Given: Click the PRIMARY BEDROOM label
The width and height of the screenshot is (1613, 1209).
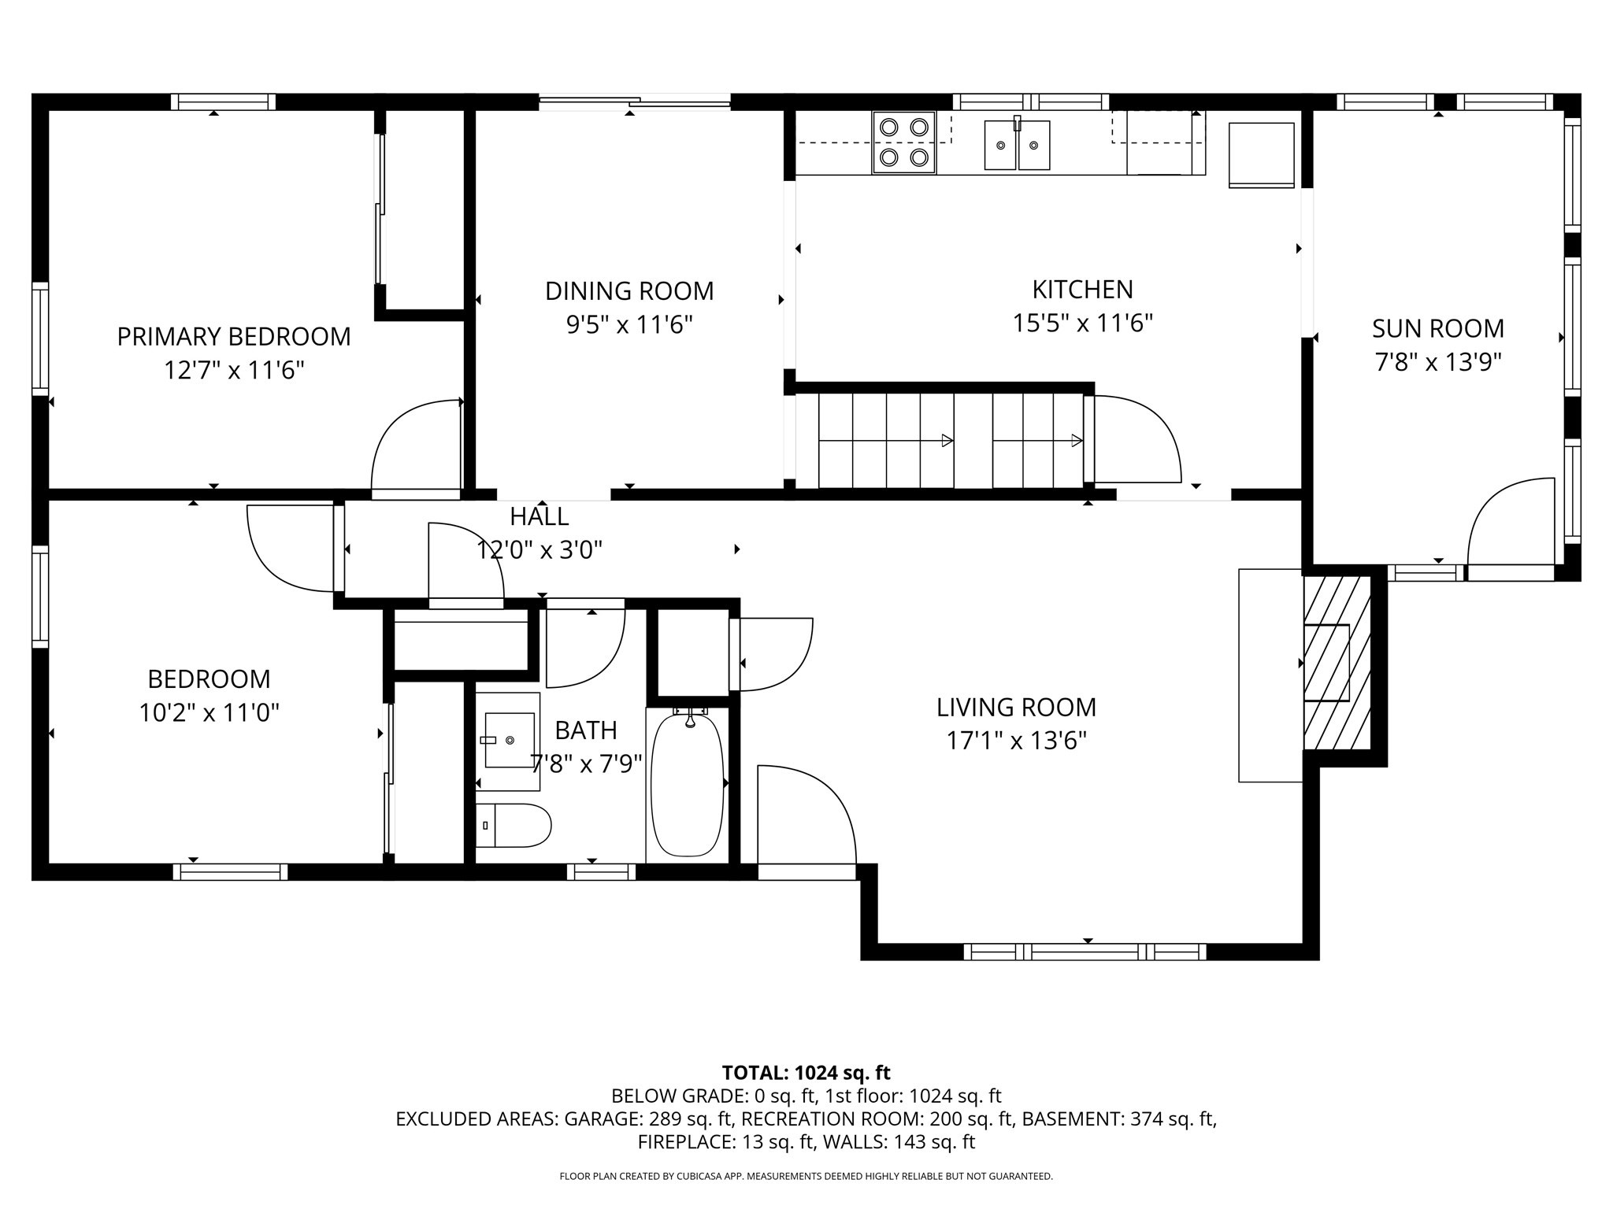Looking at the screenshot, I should click(x=234, y=337).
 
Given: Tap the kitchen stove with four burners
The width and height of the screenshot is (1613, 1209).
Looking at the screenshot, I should click(x=903, y=142).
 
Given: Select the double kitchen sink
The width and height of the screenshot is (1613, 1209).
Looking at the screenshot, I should click(x=1017, y=145).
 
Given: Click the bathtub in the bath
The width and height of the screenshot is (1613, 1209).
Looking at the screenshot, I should click(x=687, y=785).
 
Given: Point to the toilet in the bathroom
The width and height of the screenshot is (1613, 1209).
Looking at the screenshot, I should click(x=512, y=826).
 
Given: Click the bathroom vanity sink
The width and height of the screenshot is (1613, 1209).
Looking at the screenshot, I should click(x=509, y=740).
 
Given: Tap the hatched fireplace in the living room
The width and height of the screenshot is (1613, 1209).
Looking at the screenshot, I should click(x=1337, y=663).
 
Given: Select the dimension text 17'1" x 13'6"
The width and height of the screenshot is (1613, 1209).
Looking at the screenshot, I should click(x=1016, y=741).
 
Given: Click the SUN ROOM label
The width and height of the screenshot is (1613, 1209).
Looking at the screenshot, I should click(x=1437, y=328).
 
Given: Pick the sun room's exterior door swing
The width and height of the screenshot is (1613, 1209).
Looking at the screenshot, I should click(x=1508, y=523).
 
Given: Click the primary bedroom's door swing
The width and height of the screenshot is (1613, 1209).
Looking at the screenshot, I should click(x=416, y=447).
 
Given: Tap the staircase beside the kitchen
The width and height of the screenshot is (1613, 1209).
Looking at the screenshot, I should click(x=949, y=441).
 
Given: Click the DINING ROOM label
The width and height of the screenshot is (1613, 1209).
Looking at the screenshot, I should click(x=629, y=291).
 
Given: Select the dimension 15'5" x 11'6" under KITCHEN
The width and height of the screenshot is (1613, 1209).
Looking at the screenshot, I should click(x=1082, y=324).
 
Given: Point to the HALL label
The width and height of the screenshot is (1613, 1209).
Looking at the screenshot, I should click(x=539, y=517).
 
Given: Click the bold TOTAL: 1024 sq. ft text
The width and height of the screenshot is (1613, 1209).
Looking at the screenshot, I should click(x=806, y=1073).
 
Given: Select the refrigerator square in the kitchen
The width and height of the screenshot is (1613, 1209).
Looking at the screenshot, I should click(x=1261, y=154).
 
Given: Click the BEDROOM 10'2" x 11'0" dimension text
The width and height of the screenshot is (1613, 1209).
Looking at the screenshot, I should click(x=210, y=713).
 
